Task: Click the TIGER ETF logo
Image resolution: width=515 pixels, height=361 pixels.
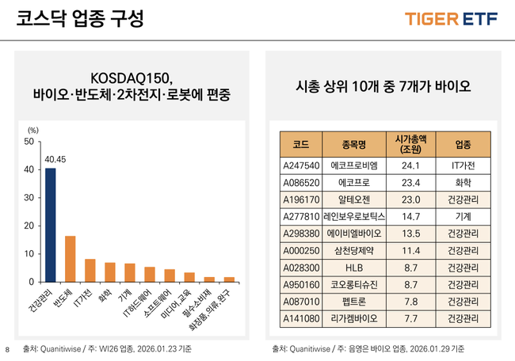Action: [452, 19]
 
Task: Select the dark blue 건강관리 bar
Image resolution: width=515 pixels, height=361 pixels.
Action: [51, 226]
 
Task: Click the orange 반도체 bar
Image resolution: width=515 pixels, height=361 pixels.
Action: [71, 259]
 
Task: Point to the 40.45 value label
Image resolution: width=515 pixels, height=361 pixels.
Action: [55, 159]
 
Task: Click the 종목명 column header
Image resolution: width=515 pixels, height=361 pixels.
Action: [353, 144]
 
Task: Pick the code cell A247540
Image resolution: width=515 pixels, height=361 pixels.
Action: [300, 166]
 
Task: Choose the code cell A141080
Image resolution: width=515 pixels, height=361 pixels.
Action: [300, 319]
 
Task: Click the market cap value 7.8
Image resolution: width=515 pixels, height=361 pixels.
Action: [410, 302]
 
